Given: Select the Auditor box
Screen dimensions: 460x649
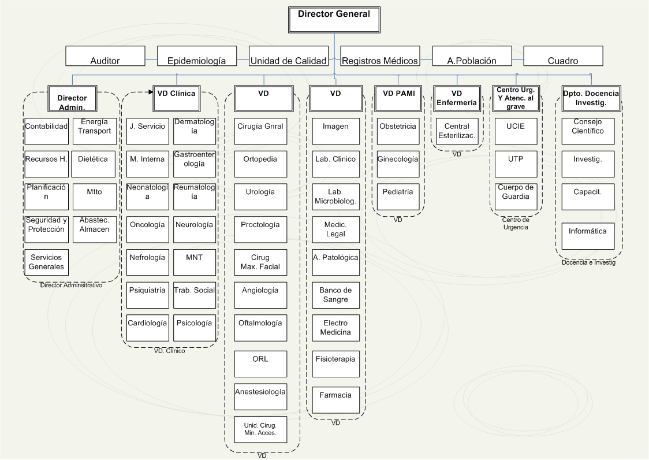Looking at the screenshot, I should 105,57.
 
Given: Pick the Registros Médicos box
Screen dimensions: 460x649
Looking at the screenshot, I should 380,57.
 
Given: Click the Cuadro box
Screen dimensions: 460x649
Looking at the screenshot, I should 562,57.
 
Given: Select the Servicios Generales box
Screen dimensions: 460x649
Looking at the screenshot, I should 47,262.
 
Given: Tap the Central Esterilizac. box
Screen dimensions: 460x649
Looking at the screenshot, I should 457,131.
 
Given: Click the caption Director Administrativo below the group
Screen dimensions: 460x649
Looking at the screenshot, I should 71,285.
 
